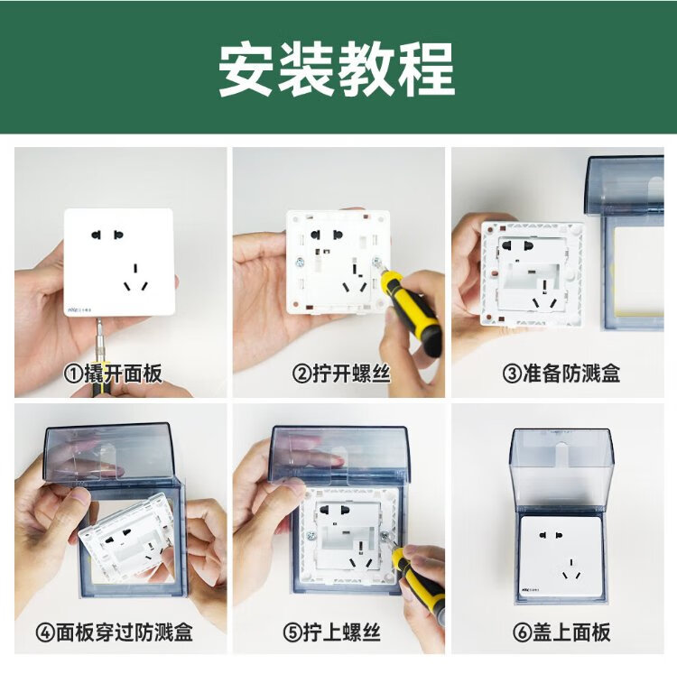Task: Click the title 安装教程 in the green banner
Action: [x=337, y=69]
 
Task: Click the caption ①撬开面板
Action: [x=113, y=374]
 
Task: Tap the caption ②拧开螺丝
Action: [x=341, y=374]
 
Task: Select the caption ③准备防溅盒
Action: [x=561, y=374]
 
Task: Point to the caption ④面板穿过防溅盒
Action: [x=114, y=632]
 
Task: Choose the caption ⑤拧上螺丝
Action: [x=331, y=632]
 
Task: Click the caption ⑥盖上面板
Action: [x=561, y=632]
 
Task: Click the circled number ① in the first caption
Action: [x=73, y=374]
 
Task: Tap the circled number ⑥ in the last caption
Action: [x=522, y=632]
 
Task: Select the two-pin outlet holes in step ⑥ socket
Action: [x=551, y=535]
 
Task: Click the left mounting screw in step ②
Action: [x=301, y=262]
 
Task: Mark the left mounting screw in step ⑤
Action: [x=311, y=535]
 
